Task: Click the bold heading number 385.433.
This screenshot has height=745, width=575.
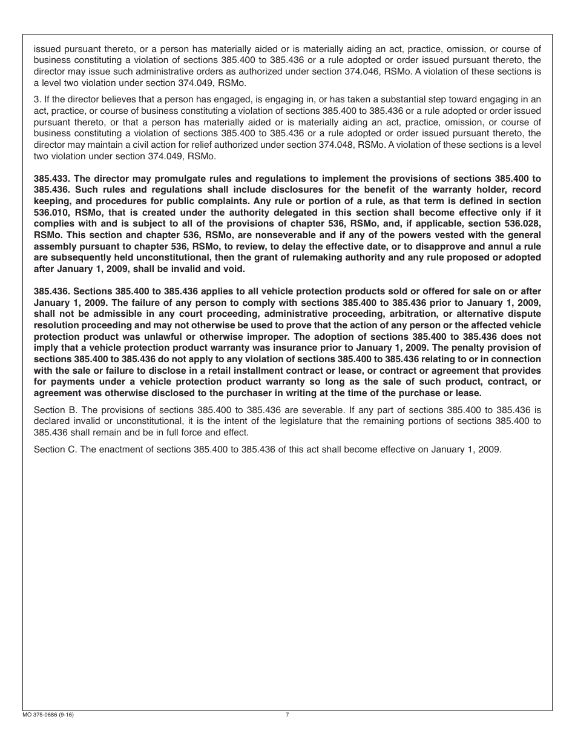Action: coord(51,178)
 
